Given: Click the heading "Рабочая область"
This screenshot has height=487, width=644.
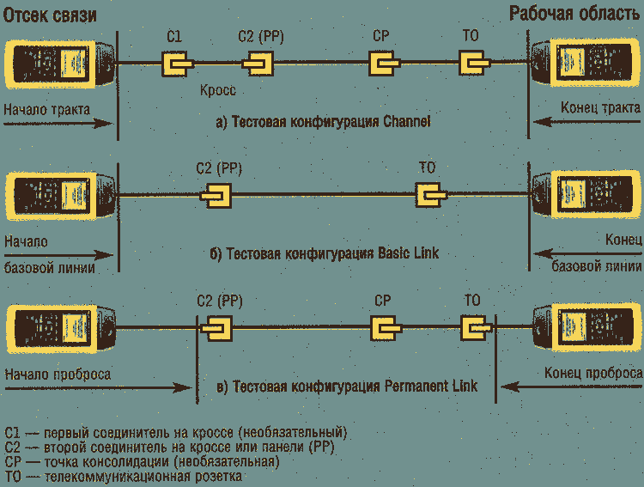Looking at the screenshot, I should tap(574, 15).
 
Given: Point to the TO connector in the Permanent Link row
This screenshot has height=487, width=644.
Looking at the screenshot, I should tap(474, 328).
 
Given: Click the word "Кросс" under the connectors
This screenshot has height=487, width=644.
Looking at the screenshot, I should tap(217, 89).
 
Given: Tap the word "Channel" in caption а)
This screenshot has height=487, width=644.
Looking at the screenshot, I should tap(403, 123).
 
